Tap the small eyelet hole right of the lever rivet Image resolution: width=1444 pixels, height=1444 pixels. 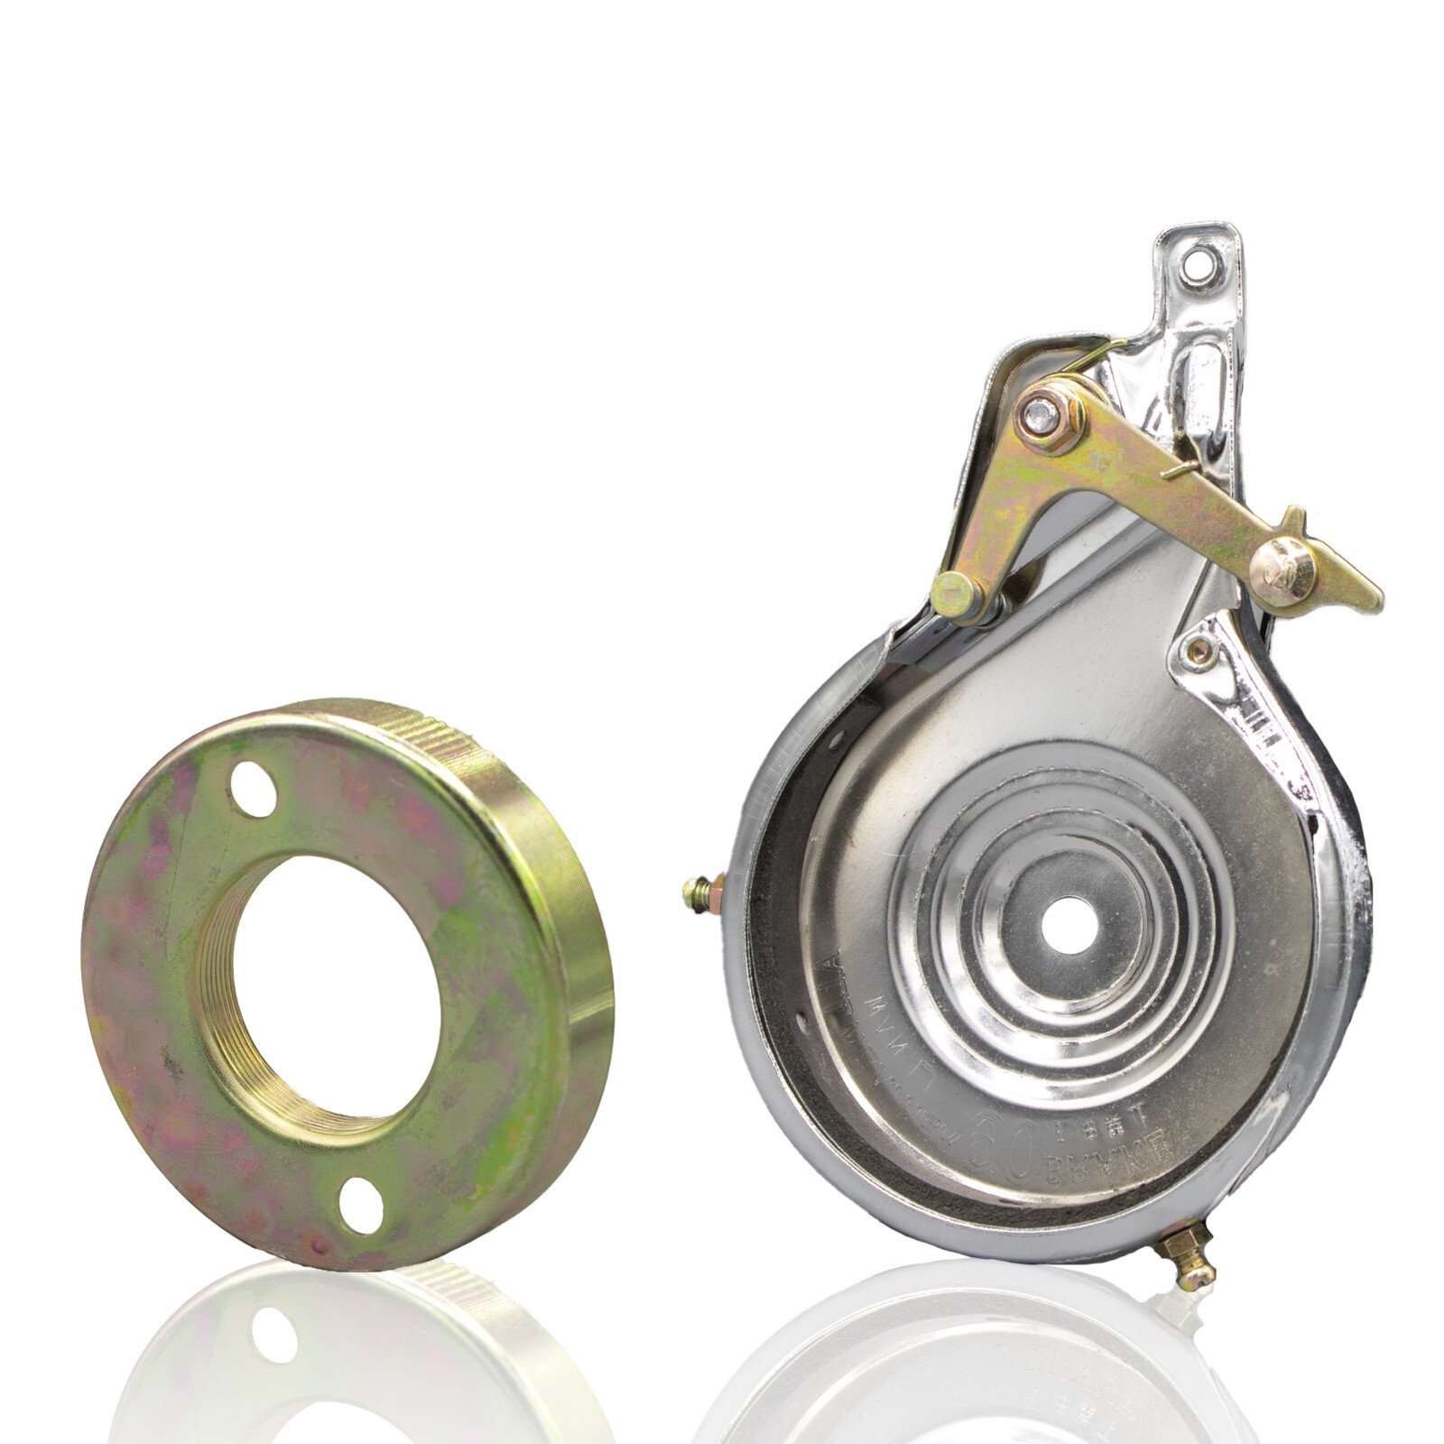(x=1199, y=647)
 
